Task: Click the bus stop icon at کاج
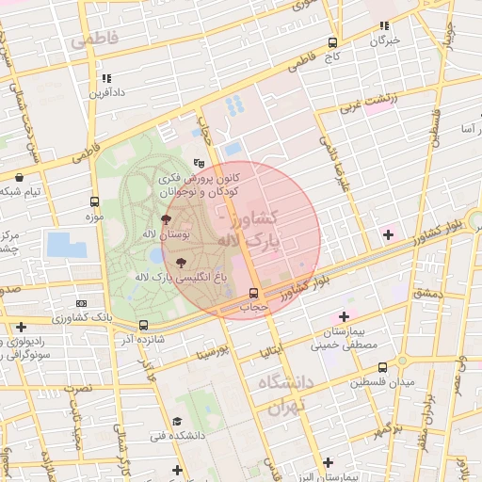[332, 42]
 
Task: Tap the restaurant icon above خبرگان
[383, 25]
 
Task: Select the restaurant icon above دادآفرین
[106, 78]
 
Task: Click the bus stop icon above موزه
[94, 201]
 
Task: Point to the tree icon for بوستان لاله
[167, 218]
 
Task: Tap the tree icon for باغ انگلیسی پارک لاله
[181, 263]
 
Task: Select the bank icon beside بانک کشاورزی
[82, 304]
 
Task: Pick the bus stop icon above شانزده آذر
[143, 325]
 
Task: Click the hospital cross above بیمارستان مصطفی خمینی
[344, 316]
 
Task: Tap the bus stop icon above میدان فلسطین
[382, 368]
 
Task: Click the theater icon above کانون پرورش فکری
[198, 163]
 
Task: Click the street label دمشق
[426, 293]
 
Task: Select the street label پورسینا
[212, 354]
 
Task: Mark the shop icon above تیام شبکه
[20, 177]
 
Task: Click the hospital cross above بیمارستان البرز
[327, 462]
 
